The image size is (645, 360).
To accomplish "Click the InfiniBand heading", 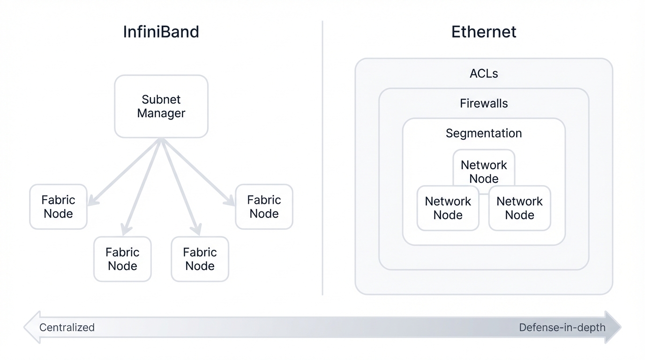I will [x=161, y=32].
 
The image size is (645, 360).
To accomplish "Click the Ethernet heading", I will [x=483, y=32].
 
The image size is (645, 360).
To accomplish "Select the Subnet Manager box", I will [x=161, y=106].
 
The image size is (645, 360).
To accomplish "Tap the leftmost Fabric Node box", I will [x=58, y=207].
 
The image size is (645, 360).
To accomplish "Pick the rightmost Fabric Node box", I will [x=264, y=207].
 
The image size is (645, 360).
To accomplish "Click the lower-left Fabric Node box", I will [x=122, y=259].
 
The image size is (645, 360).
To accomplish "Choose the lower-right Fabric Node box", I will [x=200, y=259].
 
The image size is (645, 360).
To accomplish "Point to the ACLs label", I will [x=483, y=74].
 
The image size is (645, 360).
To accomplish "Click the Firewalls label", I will [x=483, y=104].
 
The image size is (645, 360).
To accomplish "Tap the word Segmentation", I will [x=483, y=134].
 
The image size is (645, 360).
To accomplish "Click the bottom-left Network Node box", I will [x=448, y=208].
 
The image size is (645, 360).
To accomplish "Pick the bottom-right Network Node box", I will [x=519, y=208].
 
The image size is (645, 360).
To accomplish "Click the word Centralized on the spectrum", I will [x=67, y=327].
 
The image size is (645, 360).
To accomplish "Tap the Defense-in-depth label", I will [x=562, y=327].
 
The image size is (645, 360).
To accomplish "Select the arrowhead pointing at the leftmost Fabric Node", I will [x=92, y=202].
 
